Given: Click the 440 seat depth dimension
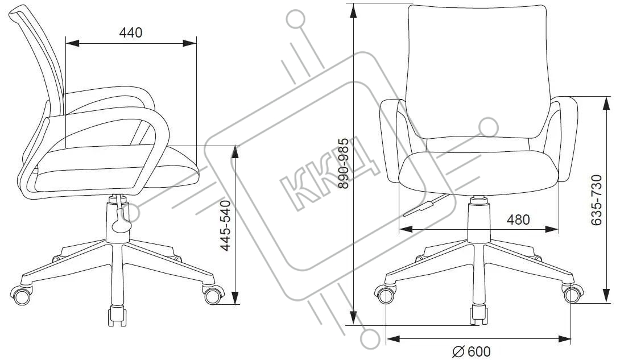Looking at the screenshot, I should pyautogui.click(x=130, y=33).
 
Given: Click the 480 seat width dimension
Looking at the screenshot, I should pyautogui.click(x=518, y=220).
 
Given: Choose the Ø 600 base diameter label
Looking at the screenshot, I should pyautogui.click(x=472, y=352).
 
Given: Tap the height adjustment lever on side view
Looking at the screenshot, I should pyautogui.click(x=121, y=220).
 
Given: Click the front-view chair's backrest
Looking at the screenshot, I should pyautogui.click(x=477, y=68).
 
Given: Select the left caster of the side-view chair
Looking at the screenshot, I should pyautogui.click(x=23, y=295).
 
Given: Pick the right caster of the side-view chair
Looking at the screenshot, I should pyautogui.click(x=213, y=295).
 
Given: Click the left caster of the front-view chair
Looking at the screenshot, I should pyautogui.click(x=386, y=295).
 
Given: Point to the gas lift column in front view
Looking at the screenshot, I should pyautogui.click(x=478, y=227).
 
